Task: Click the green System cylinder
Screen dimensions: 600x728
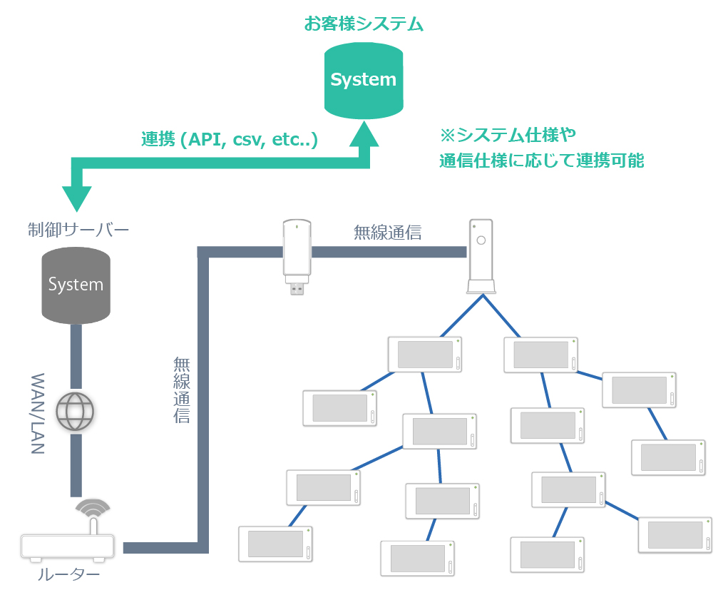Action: (364, 80)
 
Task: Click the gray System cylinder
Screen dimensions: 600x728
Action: (76, 285)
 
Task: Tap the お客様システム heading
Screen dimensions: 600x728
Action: (364, 24)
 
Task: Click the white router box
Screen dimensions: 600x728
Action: (68, 546)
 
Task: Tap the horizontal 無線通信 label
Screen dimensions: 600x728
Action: (387, 232)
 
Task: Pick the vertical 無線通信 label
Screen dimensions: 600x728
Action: (182, 390)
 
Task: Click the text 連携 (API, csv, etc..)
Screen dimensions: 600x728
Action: (229, 139)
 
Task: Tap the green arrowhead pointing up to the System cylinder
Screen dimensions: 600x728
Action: (369, 134)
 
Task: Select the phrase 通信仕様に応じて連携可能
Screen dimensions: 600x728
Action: (542, 161)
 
